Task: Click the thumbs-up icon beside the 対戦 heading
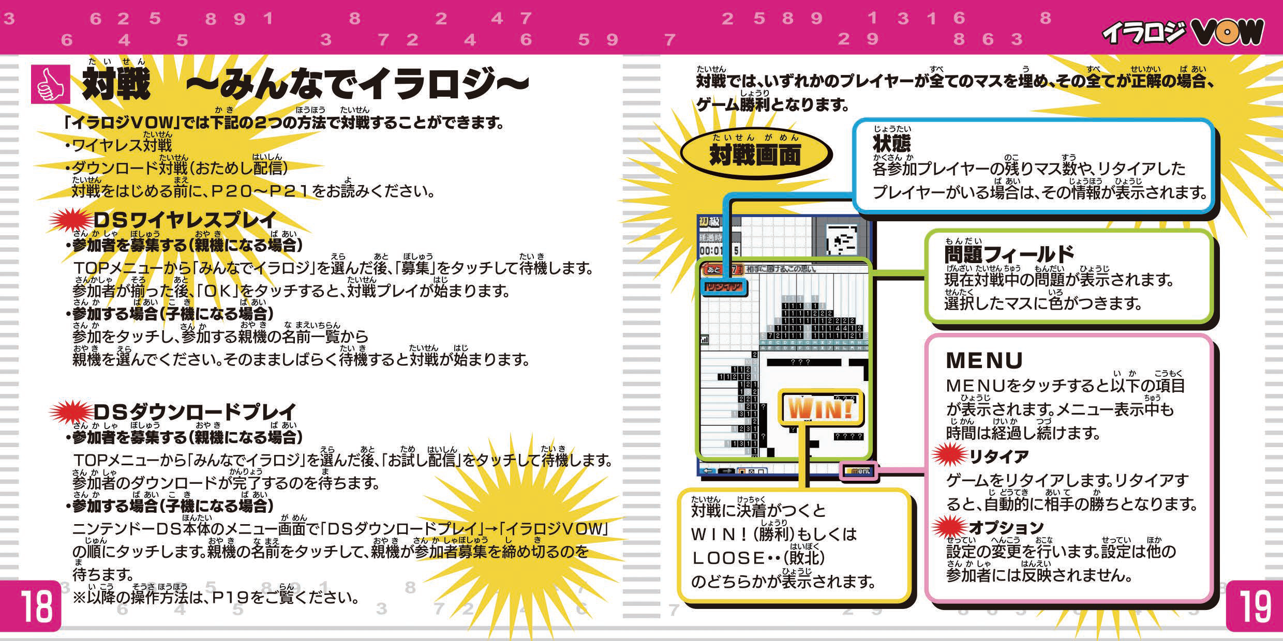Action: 50,84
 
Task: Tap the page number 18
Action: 36,606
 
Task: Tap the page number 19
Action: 1254,606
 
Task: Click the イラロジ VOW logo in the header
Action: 1182,32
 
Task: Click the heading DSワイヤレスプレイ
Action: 185,220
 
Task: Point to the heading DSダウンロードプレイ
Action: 195,412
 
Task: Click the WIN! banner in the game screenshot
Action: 820,409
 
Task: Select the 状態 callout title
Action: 891,143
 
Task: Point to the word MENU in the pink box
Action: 984,360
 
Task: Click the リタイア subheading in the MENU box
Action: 998,456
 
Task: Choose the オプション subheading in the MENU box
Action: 1006,527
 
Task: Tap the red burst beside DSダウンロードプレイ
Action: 70,412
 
